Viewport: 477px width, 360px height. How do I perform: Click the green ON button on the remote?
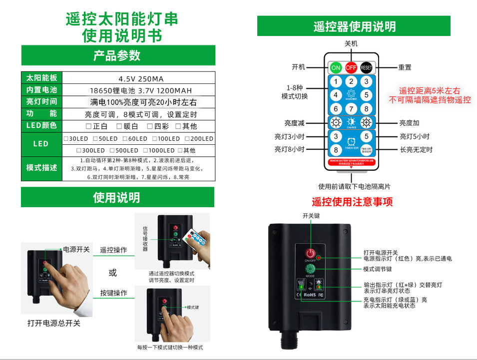point(336,67)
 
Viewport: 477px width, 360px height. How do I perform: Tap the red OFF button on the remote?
point(351,67)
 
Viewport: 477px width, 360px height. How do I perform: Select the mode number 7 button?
point(351,108)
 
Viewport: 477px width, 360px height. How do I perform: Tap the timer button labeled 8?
point(336,149)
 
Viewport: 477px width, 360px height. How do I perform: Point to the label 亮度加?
point(409,123)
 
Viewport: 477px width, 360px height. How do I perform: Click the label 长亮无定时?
point(416,149)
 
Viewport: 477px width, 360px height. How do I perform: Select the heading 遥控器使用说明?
point(354,26)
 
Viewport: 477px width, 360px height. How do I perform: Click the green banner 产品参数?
point(118,55)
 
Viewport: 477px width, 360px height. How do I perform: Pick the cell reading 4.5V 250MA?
point(141,78)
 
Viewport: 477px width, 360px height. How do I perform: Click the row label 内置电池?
point(41,90)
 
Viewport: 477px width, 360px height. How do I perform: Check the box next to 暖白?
point(119,126)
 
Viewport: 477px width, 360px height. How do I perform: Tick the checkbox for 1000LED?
point(146,150)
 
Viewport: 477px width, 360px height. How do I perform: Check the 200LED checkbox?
point(187,139)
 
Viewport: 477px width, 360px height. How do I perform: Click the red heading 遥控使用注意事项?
point(352,202)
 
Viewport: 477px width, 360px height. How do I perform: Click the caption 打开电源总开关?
point(54,323)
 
